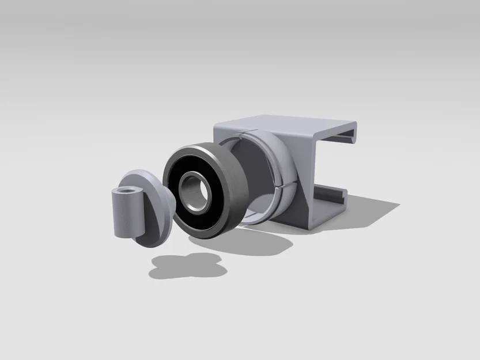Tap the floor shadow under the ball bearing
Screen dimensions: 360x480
(x=254, y=245)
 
